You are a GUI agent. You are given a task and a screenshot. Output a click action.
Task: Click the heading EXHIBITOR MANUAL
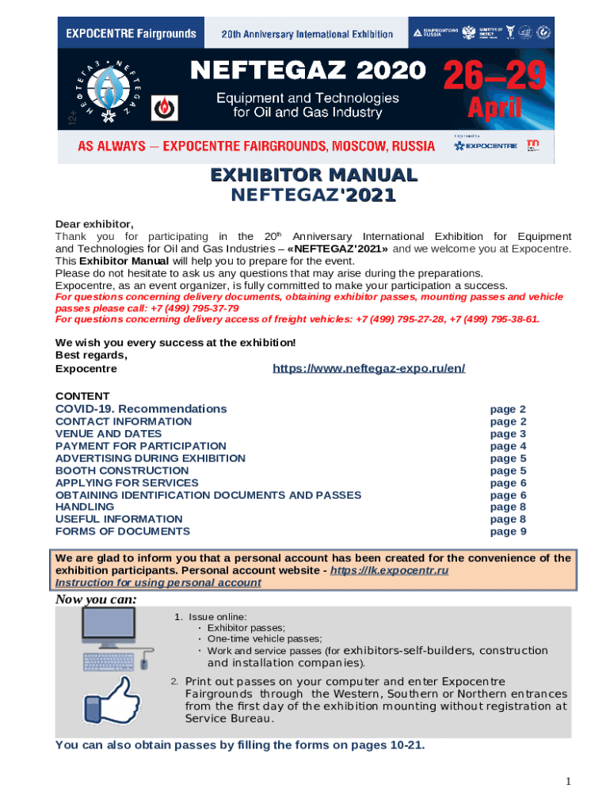coord(313,174)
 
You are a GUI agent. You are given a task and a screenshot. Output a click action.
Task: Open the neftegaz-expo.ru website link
coord(368,368)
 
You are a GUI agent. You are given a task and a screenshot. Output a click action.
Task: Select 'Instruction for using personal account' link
coord(158,582)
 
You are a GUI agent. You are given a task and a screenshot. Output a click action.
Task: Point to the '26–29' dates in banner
coord(494,78)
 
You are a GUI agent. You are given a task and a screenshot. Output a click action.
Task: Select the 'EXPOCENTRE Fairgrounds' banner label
coord(131,34)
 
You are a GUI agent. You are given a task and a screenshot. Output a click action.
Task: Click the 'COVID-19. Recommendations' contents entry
coord(141,409)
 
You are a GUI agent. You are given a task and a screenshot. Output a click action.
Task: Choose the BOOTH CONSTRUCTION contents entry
coord(122,470)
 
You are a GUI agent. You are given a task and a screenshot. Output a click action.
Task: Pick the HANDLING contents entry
coord(85,507)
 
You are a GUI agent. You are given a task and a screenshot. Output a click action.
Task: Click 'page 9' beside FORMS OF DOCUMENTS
coord(508,531)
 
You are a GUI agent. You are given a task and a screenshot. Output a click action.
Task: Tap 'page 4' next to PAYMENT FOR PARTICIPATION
coord(508,446)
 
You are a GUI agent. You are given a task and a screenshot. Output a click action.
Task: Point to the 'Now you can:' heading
coord(96,600)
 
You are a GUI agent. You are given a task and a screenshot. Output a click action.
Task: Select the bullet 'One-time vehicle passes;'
coord(265,638)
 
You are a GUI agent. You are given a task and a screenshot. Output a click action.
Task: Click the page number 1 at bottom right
coord(568,782)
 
